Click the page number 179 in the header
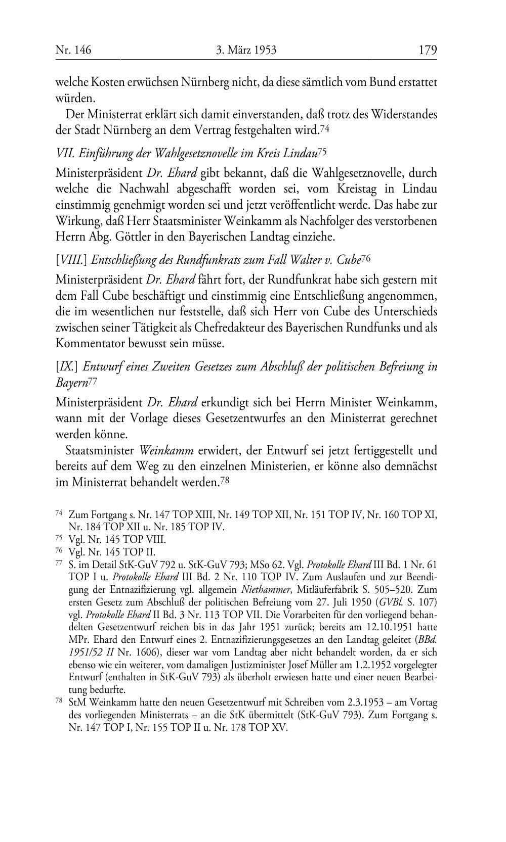[x=428, y=50]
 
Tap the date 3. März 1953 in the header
[x=246, y=50]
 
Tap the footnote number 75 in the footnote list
[x=58, y=539]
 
